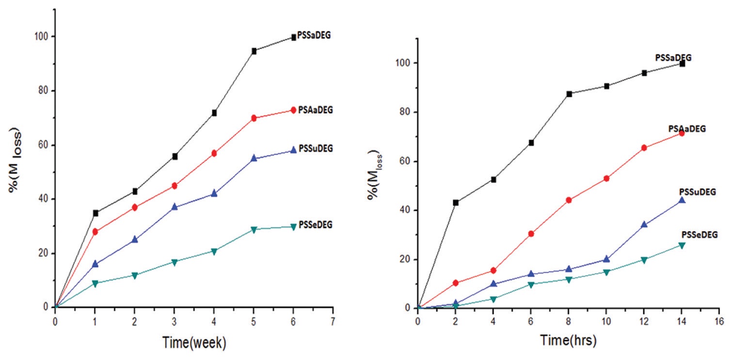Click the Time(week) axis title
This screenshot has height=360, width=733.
coord(194,342)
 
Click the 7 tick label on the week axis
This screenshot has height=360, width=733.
coord(333,321)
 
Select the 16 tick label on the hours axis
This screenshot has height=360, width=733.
coord(719,321)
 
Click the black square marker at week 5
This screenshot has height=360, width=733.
coord(254,51)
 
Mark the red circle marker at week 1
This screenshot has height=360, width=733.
coord(95,232)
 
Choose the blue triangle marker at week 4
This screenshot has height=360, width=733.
coord(214,193)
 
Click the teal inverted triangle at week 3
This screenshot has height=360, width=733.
coord(175,262)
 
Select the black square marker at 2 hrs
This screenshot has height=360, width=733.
coord(456,203)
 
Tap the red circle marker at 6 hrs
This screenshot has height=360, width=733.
coord(531,234)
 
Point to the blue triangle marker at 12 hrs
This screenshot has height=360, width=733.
coord(644,224)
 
